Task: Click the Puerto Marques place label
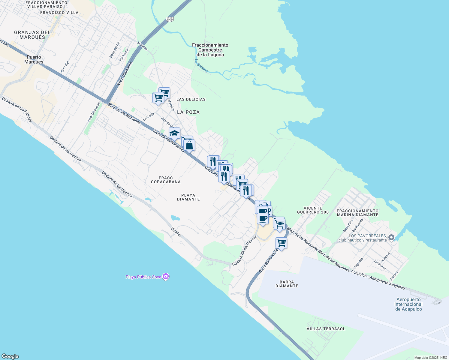click(x=34, y=59)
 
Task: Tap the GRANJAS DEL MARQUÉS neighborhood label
click(x=32, y=35)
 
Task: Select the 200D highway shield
click(x=169, y=19)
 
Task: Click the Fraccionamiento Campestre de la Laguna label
click(x=210, y=50)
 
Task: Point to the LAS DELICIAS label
click(x=191, y=99)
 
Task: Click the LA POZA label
click(x=188, y=112)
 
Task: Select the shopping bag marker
click(x=189, y=145)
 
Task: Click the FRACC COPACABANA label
click(x=166, y=180)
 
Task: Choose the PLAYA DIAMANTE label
click(x=188, y=197)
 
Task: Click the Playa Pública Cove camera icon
click(x=166, y=277)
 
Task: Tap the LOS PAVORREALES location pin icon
click(x=391, y=238)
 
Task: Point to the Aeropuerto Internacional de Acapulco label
click(x=408, y=304)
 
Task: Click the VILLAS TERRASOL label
click(x=326, y=329)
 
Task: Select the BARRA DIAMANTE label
click(x=287, y=284)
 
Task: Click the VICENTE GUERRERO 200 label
click(x=313, y=210)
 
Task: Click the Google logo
click(x=10, y=356)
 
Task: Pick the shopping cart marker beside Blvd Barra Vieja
click(x=281, y=243)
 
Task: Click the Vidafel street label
click(x=176, y=232)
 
